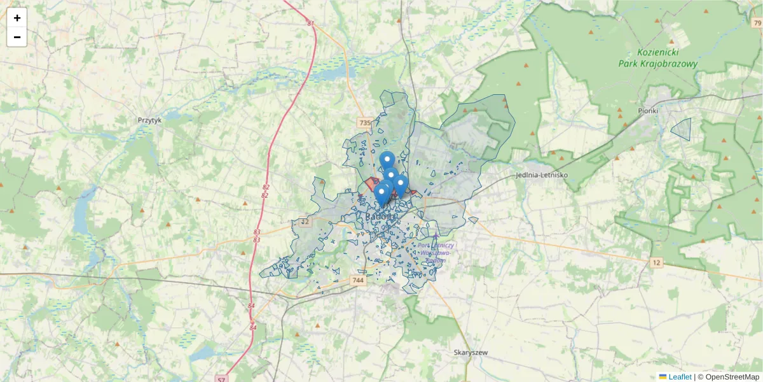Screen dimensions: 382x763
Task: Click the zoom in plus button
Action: tap(17, 18)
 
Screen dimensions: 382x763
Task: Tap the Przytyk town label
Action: tap(149, 119)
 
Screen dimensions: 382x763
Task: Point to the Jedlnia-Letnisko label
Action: tap(541, 174)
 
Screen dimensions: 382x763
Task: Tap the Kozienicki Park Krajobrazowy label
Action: tap(657, 59)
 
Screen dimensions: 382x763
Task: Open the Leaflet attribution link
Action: tap(680, 377)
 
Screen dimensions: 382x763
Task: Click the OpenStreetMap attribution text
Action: tap(728, 377)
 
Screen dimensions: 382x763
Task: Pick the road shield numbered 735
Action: tap(364, 122)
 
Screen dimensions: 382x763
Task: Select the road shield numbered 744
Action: tap(358, 279)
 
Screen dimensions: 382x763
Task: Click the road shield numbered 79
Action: tap(756, 23)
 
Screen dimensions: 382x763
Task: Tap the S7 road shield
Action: tap(221, 379)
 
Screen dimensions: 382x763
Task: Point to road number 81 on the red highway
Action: tap(310, 24)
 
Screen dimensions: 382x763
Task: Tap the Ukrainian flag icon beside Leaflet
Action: tap(663, 377)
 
